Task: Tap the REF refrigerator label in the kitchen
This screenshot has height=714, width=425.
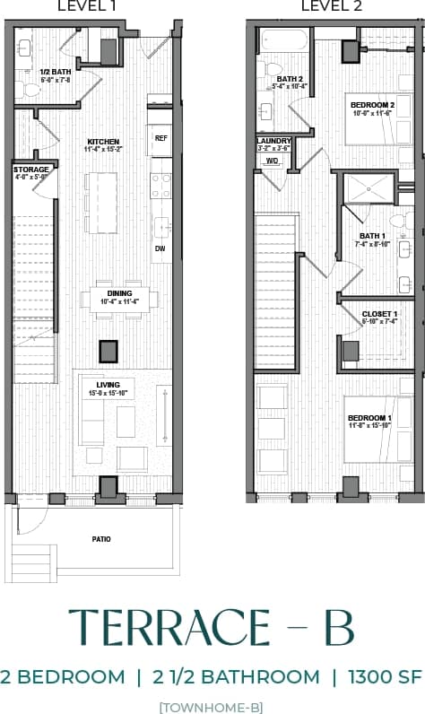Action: pyautogui.click(x=161, y=138)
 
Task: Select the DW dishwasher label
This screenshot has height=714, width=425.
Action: pyautogui.click(x=160, y=248)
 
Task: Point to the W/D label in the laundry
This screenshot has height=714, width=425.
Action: pyautogui.click(x=272, y=161)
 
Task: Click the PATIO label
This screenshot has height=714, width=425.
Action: pyautogui.click(x=101, y=539)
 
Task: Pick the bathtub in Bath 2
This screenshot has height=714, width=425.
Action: pyautogui.click(x=284, y=41)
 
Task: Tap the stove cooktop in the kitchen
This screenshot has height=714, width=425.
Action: pyautogui.click(x=161, y=186)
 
